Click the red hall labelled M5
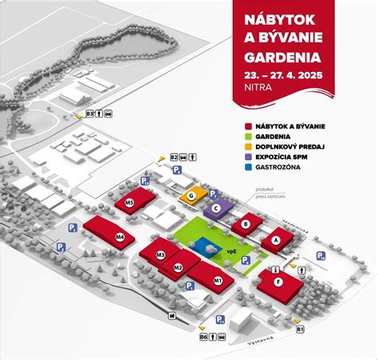coord(129,204)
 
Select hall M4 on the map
coord(120,237)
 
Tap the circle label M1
coord(218,280)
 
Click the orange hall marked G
coord(192,196)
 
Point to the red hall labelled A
coord(276,239)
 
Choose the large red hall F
coord(278,282)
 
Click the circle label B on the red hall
coord(246,225)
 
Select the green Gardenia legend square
coord(250,137)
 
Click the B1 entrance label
coord(301,329)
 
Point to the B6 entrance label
coord(203,337)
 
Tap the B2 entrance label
coord(173,157)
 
